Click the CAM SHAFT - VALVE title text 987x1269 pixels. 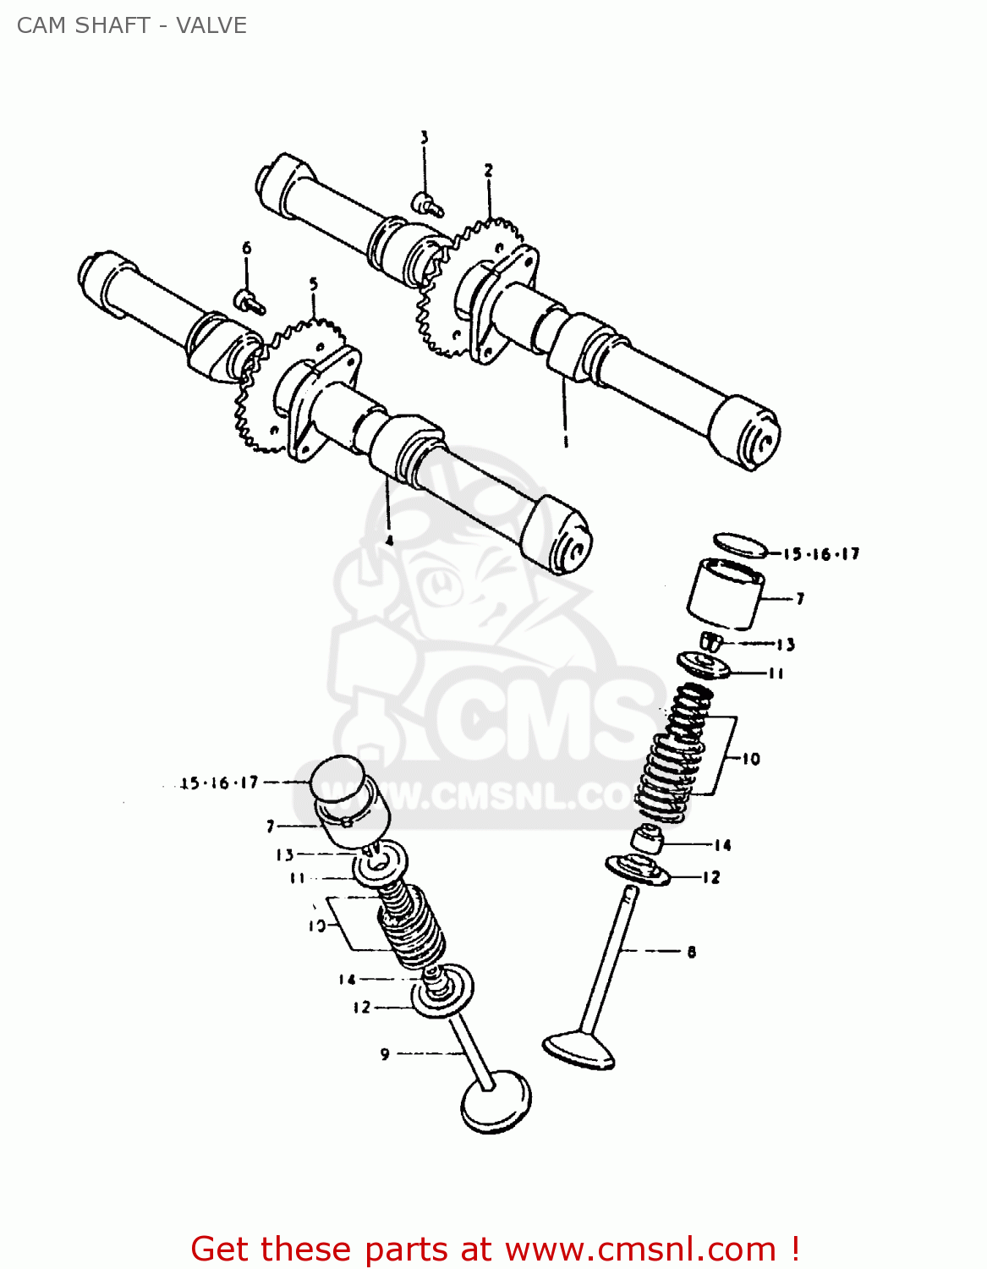coord(132,25)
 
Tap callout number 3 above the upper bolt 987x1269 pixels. coord(425,137)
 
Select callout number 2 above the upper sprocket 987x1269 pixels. coord(488,170)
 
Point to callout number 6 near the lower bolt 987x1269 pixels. coord(246,248)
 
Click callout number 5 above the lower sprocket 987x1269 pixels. coord(314,283)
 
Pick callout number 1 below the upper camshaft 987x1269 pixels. coord(565,441)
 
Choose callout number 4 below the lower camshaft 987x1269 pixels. coord(388,540)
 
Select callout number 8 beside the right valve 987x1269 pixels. coord(691,952)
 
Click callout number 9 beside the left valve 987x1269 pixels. coord(385,1054)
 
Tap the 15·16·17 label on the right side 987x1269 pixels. coord(820,554)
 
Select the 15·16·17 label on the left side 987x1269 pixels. coord(219,783)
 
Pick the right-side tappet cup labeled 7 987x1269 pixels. coord(725,594)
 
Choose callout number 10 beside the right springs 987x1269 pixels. coord(751,759)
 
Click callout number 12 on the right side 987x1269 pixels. coord(711,877)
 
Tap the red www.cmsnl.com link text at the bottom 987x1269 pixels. coord(640,1249)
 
